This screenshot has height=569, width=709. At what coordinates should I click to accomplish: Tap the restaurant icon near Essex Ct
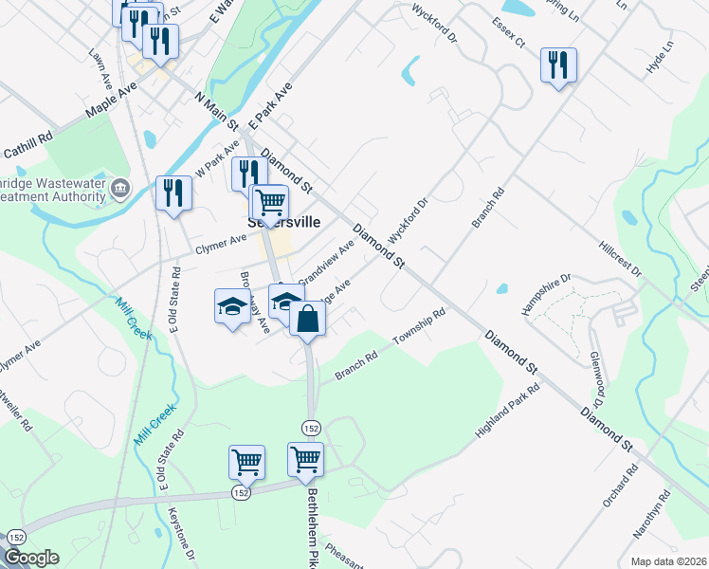(x=557, y=65)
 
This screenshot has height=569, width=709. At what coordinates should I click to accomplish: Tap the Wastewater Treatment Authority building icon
(x=120, y=188)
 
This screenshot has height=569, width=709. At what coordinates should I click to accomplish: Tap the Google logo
(x=31, y=558)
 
